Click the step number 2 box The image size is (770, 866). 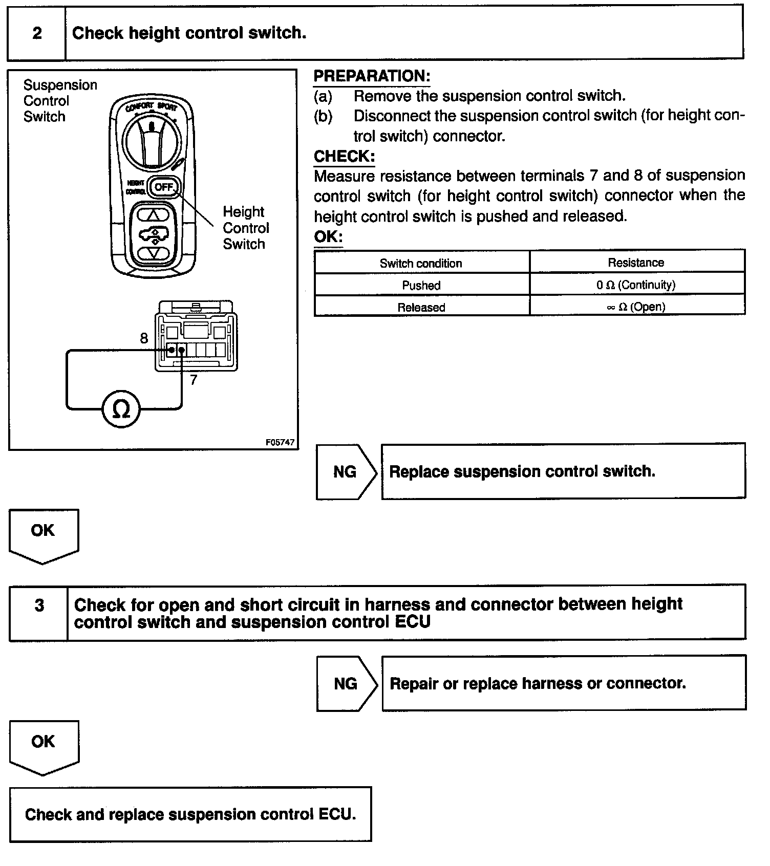click(37, 33)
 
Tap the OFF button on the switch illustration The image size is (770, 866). click(164, 187)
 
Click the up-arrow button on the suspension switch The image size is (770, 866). click(154, 215)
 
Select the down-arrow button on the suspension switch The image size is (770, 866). click(154, 252)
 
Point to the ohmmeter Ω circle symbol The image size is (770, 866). click(121, 408)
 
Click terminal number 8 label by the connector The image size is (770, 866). click(144, 338)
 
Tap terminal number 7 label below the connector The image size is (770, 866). click(193, 380)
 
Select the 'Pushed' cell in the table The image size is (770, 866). click(421, 285)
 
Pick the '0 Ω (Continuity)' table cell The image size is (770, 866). click(636, 285)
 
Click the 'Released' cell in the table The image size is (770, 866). click(421, 307)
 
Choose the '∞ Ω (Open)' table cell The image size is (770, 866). click(636, 307)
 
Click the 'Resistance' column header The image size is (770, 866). click(636, 263)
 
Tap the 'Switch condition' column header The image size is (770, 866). click(421, 263)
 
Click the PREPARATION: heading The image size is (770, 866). click(372, 76)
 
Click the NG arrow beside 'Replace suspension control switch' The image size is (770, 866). click(346, 471)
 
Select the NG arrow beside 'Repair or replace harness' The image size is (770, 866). click(346, 683)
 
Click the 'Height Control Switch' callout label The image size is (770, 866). click(245, 228)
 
